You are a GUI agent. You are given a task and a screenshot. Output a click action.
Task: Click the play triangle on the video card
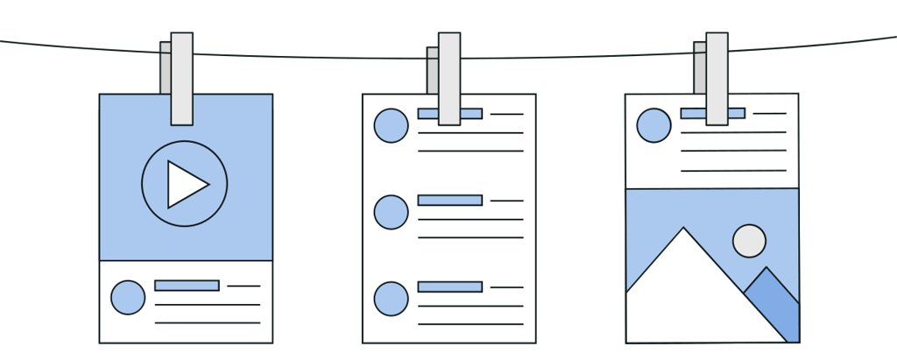[186, 185]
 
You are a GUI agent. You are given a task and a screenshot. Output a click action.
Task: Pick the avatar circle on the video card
[128, 298]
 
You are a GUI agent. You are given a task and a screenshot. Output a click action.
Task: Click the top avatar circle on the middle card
[391, 125]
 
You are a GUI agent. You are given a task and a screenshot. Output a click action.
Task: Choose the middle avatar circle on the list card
[391, 212]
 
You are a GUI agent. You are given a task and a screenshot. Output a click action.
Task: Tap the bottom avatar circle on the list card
[391, 299]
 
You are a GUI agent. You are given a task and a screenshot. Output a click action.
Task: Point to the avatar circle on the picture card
[653, 125]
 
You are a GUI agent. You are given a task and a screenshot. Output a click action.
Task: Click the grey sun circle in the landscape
[749, 241]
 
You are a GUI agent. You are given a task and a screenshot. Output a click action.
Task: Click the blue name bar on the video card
[187, 286]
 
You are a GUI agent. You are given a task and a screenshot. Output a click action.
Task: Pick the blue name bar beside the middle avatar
[449, 201]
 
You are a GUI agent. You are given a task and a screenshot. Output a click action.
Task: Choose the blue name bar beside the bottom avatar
[449, 286]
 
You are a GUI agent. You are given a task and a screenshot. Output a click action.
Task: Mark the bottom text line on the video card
[207, 323]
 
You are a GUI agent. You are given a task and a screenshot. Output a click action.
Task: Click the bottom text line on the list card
[470, 324]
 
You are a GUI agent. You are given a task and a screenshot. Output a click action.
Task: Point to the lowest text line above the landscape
[732, 171]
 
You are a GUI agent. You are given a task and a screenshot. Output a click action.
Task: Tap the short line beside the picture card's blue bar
[769, 114]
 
